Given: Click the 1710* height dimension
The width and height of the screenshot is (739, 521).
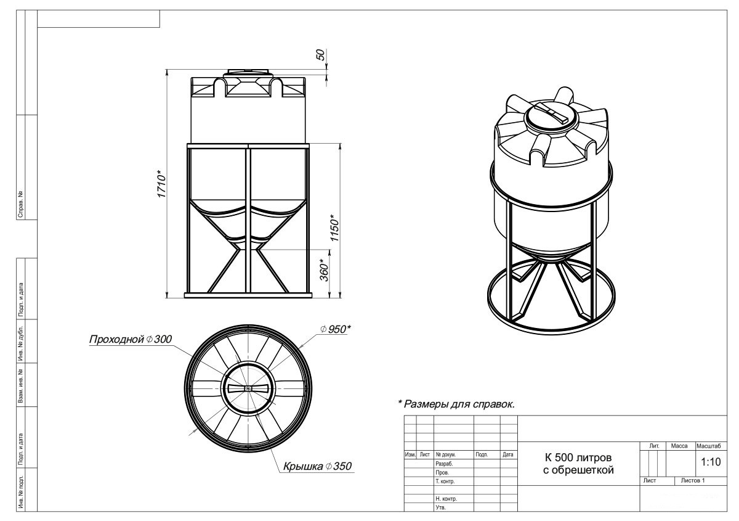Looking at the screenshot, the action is pos(161,184).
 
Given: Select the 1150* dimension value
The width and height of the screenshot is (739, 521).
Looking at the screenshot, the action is pos(334,228).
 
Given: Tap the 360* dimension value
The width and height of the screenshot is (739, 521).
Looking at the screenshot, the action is pos(325,270).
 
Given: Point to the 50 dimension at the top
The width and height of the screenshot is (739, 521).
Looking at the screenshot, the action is pos(321,55).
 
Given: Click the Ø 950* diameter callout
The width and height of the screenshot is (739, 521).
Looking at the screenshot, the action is pos(335,329).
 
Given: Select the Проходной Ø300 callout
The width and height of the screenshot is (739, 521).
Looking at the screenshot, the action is pos(131,339).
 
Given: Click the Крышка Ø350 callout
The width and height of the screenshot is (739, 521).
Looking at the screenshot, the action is pos(317,466).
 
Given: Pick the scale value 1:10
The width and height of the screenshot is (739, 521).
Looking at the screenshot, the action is pos(711,462).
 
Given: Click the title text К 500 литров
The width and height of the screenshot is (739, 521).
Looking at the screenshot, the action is pos(578,457).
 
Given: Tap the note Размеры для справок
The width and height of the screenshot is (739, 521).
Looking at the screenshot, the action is pos(456,404).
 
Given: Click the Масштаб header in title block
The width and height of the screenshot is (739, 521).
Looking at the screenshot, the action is pos(709,446).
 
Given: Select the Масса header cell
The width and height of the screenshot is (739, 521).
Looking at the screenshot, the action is pos(679,446).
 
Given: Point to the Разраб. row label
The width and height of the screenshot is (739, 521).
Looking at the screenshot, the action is pos(444,464).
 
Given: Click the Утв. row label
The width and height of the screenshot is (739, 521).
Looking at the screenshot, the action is pos(440,507).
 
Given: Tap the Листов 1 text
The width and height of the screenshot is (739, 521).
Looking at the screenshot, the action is pos(693,481).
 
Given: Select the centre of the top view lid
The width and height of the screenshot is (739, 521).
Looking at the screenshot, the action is pos(248,388).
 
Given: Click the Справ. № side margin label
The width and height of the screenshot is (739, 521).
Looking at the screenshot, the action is pos(21,204).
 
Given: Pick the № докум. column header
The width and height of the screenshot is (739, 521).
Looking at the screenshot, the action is pos(445,454).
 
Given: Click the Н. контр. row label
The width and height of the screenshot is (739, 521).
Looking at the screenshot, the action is pos(446,499).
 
